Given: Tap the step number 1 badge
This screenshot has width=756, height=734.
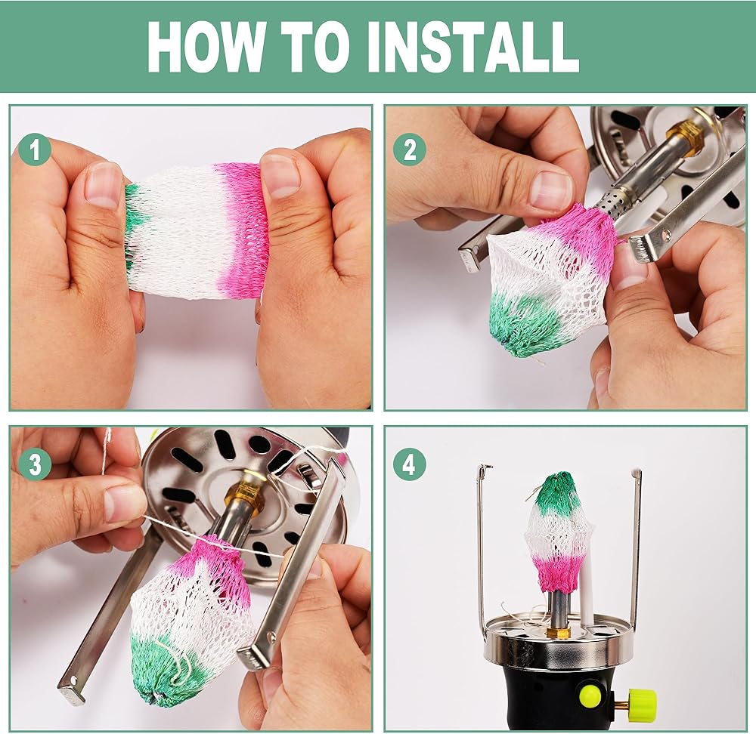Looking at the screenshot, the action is (x=35, y=150).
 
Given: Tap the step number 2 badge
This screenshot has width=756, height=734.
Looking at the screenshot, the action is (x=409, y=150).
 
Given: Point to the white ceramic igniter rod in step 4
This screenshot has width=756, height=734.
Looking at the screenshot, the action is (x=587, y=590).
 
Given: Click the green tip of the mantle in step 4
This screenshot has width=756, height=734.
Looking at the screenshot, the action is (x=559, y=493).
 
